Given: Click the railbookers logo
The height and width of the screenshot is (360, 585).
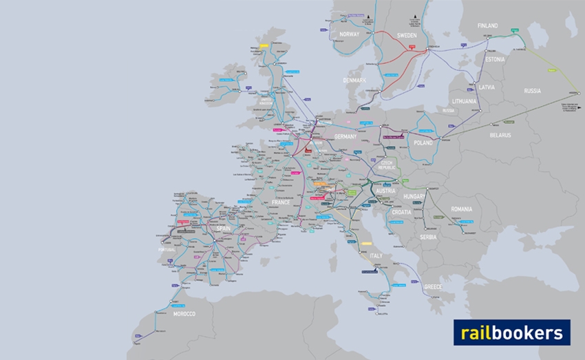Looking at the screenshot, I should (511, 332).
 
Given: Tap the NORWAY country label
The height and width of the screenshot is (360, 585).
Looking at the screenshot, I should (350, 34).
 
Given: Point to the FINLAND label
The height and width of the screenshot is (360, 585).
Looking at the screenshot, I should (487, 25).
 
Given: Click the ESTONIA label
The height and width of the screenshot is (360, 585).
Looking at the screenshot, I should (495, 59).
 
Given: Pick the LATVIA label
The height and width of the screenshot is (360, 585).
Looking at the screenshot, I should (487, 87).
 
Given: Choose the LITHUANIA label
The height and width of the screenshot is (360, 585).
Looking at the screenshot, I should (465, 101).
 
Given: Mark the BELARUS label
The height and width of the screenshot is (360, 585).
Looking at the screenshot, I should (500, 135).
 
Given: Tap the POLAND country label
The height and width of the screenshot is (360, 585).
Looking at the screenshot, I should (423, 142).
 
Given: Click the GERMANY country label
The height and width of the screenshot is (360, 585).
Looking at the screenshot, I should (345, 136).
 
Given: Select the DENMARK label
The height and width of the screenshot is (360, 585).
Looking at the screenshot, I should (354, 81).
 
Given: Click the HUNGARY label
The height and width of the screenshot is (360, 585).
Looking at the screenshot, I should (414, 196).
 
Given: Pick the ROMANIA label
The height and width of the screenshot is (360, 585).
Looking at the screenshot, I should (462, 209).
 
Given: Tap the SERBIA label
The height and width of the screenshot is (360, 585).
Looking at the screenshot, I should (428, 237).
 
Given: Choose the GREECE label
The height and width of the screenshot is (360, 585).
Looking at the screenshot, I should (434, 286).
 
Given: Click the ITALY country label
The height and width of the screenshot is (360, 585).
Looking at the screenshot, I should (376, 255).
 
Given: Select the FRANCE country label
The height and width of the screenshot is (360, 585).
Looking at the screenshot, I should (281, 202).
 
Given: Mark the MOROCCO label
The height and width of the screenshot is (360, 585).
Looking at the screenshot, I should (184, 314).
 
